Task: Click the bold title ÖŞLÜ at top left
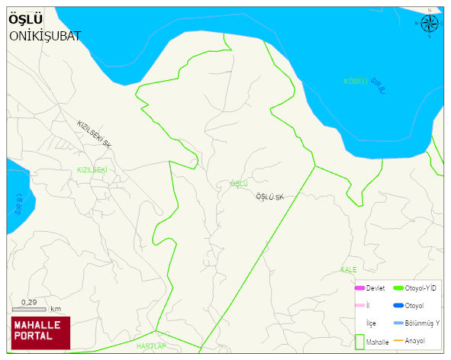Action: tap(26, 20)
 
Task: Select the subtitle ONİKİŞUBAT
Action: tap(45, 36)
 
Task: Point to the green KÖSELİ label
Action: tap(356, 81)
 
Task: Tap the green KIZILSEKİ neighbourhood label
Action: tap(92, 169)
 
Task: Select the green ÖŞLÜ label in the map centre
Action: tap(240, 184)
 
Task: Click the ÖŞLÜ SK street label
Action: tap(269, 198)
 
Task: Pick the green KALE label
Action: tap(349, 270)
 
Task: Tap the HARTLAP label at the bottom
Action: tap(150, 336)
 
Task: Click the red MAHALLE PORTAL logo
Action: tap(40, 332)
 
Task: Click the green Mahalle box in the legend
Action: tap(360, 341)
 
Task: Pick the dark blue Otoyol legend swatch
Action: tap(398, 305)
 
